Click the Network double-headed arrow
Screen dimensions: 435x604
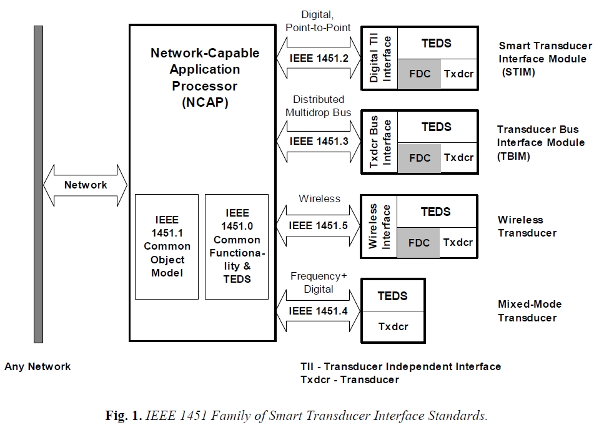pyautogui.click(x=86, y=185)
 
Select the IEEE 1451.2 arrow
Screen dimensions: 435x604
pyautogui.click(x=319, y=58)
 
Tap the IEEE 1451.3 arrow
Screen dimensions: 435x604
pyautogui.click(x=319, y=142)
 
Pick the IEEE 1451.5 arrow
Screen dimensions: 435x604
pyautogui.click(x=319, y=225)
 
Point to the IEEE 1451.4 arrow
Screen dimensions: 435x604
pyautogui.click(x=319, y=310)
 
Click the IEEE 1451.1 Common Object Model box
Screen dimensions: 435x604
pyautogui.click(x=167, y=247)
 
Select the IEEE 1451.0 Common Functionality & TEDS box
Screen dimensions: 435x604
pyautogui.click(x=237, y=247)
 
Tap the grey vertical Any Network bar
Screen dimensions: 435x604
pyautogui.click(x=38, y=184)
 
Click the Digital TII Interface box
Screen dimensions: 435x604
pyautogui.click(x=380, y=58)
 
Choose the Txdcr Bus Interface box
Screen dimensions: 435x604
pyautogui.click(x=380, y=142)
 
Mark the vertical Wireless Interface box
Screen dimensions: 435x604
pyautogui.click(x=380, y=226)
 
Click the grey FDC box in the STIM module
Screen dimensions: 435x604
pyautogui.click(x=419, y=74)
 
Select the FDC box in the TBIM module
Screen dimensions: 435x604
pyautogui.click(x=419, y=158)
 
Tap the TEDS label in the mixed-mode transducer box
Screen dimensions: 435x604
pyautogui.click(x=393, y=296)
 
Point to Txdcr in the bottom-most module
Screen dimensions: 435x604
pyautogui.click(x=393, y=326)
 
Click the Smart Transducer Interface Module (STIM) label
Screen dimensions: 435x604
pyautogui.click(x=542, y=59)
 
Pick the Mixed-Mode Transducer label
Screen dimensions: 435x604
pyautogui.click(x=529, y=311)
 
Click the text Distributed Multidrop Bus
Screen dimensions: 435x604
pyautogui.click(x=318, y=106)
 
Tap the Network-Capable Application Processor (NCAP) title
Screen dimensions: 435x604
pyautogui.click(x=205, y=78)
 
